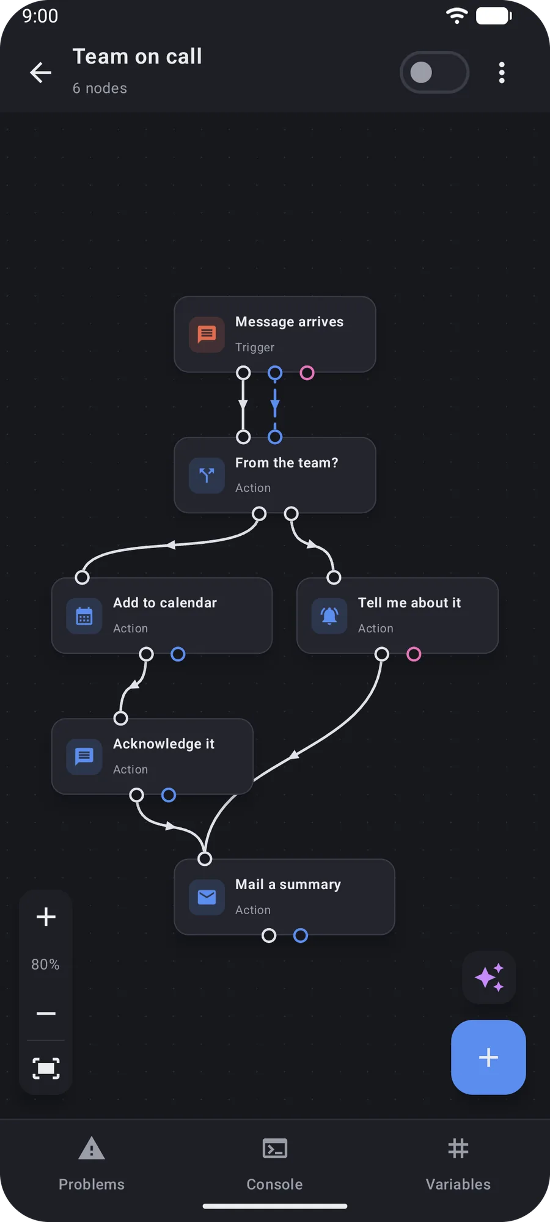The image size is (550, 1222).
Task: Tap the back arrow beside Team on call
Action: pos(41,73)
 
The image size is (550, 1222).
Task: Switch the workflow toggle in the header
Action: pos(435,73)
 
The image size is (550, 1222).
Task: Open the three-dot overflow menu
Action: pos(502,73)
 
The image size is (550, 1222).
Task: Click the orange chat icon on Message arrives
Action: pos(207,334)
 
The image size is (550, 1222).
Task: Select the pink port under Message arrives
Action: pos(307,373)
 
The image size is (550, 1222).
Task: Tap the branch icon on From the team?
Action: pos(207,475)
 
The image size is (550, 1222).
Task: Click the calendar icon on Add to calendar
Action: pos(84,616)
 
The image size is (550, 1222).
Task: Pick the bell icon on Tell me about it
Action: pos(329,616)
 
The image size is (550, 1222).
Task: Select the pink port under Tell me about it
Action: pos(414,654)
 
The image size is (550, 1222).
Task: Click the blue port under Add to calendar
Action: pos(178,654)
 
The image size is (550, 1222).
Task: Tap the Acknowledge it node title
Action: pos(164,744)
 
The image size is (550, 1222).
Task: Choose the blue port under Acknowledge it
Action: pos(169,795)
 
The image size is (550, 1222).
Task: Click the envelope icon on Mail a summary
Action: pos(207,897)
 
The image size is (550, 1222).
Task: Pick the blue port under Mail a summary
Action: pos(301,935)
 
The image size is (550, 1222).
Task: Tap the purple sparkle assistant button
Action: pos(489,977)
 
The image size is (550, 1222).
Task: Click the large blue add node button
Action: pos(488,1057)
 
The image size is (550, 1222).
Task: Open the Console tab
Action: pos(275,1164)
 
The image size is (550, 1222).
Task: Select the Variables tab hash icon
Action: pos(458,1148)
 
